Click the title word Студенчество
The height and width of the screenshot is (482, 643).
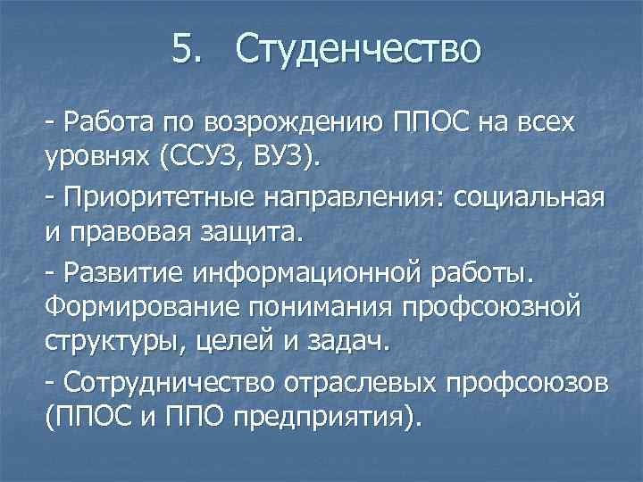tap(358, 49)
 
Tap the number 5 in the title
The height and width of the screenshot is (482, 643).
tap(181, 49)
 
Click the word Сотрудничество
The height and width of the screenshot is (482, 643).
tap(158, 380)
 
